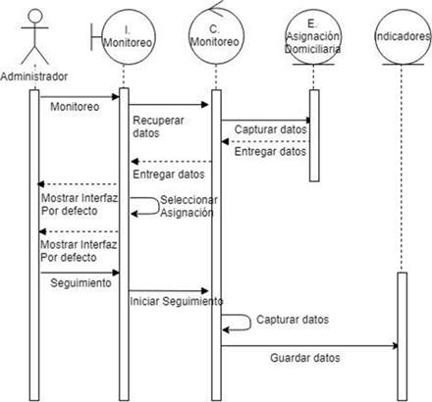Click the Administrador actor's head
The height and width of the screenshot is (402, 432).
[x=35, y=16]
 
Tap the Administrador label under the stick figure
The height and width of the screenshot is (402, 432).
[x=34, y=76]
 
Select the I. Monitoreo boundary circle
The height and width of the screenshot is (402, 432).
[x=129, y=37]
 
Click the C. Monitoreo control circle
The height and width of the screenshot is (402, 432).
[x=216, y=37]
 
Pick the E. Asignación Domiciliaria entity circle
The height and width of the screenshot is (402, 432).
[x=313, y=37]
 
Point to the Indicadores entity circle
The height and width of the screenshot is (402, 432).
[x=403, y=37]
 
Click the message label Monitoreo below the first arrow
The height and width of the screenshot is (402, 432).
[x=75, y=107]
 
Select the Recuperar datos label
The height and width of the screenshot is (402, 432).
[x=158, y=126]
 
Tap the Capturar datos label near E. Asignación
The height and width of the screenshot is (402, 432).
[x=271, y=129]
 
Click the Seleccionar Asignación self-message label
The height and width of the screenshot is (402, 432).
[x=189, y=206]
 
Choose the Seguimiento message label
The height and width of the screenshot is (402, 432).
[x=81, y=282]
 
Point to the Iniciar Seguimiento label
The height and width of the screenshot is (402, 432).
[x=177, y=301]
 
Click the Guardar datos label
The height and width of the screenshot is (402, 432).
[x=305, y=358]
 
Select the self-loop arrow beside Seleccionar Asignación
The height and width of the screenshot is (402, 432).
[x=159, y=206]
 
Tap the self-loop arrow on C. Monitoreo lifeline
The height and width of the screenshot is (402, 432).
[x=250, y=323]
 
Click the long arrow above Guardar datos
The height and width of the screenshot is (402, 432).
[x=309, y=346]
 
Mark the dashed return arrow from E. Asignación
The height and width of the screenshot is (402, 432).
[x=265, y=141]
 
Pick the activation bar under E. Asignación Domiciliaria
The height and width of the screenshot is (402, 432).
[x=314, y=135]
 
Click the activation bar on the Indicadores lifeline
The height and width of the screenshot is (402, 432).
[x=403, y=336]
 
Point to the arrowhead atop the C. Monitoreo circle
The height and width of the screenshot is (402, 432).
[x=216, y=8]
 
